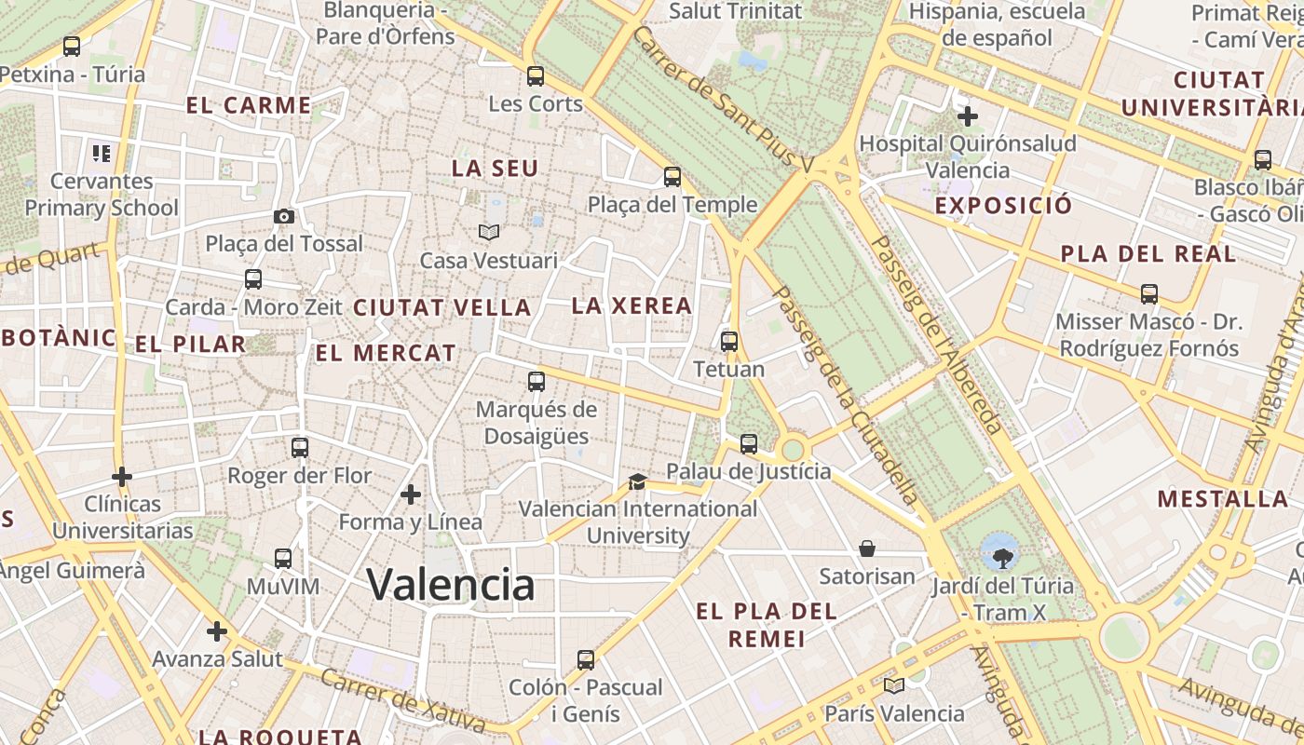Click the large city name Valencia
pyautogui.click(x=451, y=585)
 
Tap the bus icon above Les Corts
pyautogui.click(x=535, y=76)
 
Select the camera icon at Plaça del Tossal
pyautogui.click(x=284, y=216)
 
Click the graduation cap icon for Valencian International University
pyautogui.click(x=637, y=481)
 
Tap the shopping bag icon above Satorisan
pyautogui.click(x=867, y=549)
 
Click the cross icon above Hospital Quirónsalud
pyautogui.click(x=968, y=116)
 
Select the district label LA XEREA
pyautogui.click(x=632, y=305)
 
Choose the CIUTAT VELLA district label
pyautogui.click(x=441, y=307)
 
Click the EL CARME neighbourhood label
pyautogui.click(x=249, y=105)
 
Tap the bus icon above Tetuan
pyautogui.click(x=729, y=342)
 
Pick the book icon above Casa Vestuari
pyautogui.click(x=489, y=232)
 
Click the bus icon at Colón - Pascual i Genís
pyautogui.click(x=586, y=660)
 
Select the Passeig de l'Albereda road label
pyautogui.click(x=936, y=335)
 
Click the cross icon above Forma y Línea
pyautogui.click(x=411, y=494)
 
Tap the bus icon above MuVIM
pyautogui.click(x=283, y=559)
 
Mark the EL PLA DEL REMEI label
pyautogui.click(x=767, y=625)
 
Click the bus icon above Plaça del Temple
pyautogui.click(x=672, y=177)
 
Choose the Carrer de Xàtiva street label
pyautogui.click(x=402, y=698)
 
